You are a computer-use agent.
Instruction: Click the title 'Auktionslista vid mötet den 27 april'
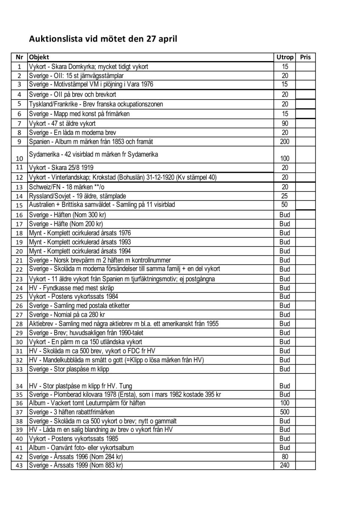(x=103, y=39)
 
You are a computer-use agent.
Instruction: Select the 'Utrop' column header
(x=285, y=57)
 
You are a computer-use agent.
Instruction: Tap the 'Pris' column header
(x=305, y=57)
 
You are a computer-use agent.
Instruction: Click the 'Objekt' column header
(x=39, y=57)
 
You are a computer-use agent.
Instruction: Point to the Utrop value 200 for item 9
(x=285, y=142)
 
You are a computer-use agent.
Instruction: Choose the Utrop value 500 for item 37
(x=285, y=412)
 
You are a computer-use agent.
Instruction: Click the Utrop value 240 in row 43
(x=285, y=465)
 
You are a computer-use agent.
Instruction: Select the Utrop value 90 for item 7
(x=285, y=123)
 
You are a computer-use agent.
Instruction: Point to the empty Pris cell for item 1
(x=305, y=67)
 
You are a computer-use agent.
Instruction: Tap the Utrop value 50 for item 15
(x=285, y=205)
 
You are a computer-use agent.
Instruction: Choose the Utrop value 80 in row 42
(x=285, y=456)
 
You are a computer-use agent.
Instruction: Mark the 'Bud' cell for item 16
(x=285, y=214)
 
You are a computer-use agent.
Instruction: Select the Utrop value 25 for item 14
(x=285, y=196)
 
